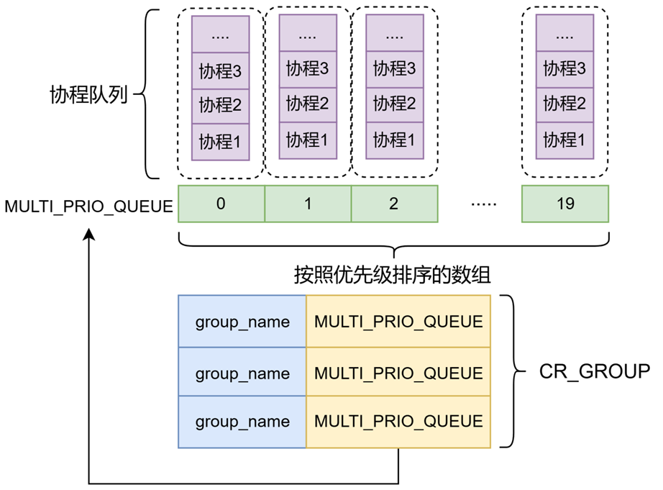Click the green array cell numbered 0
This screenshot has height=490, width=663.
pos(221,204)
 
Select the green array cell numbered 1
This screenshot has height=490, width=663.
pos(308,204)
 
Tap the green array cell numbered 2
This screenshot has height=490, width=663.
pos(394,204)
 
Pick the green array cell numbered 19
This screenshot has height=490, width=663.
pos(565,204)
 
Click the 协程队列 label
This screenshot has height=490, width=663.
pos(88,94)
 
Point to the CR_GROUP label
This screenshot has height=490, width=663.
pos(594,371)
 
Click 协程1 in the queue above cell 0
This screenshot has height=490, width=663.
pos(220,141)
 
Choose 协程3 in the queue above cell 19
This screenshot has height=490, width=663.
pos(564,69)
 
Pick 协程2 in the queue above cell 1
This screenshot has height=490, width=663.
pos(307,104)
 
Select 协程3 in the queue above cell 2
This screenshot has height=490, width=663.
pos(394,69)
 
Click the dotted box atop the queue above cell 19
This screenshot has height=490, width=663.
pos(564,34)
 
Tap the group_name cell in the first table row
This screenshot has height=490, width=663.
pos(242,322)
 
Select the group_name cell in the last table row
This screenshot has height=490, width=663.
pos(242,422)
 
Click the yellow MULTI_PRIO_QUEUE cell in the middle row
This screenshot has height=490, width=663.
pos(398,372)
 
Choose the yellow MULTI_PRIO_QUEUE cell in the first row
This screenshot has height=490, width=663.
pos(398,322)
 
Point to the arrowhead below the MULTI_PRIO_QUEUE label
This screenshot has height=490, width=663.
pos(89,237)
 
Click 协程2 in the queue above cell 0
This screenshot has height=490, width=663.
pos(220,105)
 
